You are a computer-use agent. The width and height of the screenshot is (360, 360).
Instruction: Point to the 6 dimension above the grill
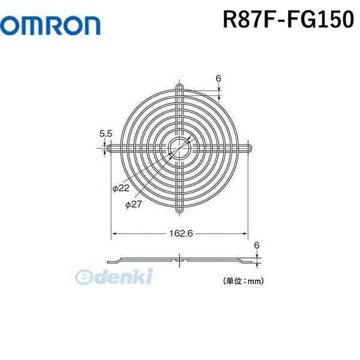pos(218,79)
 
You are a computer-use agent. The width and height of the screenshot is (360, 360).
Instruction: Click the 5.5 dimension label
pos(106,134)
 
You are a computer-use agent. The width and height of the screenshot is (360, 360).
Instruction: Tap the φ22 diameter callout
pos(121,188)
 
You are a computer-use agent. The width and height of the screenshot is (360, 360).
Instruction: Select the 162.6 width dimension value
pos(180,234)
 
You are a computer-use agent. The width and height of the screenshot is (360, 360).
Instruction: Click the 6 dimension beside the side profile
pos(257,245)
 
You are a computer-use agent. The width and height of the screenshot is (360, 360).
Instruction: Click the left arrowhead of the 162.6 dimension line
pos(112,234)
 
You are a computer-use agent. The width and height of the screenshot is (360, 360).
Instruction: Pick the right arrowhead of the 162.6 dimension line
pos(248,234)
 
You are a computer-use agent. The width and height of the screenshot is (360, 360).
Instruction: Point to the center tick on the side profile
pos(180,260)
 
